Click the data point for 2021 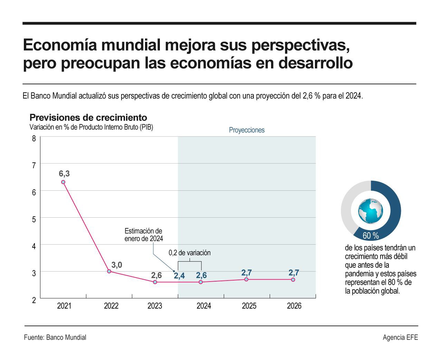point(63,182)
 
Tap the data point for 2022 point(109,271)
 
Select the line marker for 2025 point(246,279)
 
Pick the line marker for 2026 point(293,280)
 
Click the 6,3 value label point(64,174)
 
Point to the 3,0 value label point(117,265)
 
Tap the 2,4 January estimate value point(179,276)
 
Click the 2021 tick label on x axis point(64,306)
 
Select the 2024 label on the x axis point(204,306)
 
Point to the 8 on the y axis point(34,139)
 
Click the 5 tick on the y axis point(34,219)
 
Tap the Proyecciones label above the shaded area point(247,130)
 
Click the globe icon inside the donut point(371,211)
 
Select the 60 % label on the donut point(371,236)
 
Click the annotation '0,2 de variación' point(190,253)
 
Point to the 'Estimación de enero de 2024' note point(144,235)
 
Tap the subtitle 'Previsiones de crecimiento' point(88,117)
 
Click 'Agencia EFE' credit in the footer point(400,338)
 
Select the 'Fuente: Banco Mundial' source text point(55,338)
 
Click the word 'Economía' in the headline point(59,46)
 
